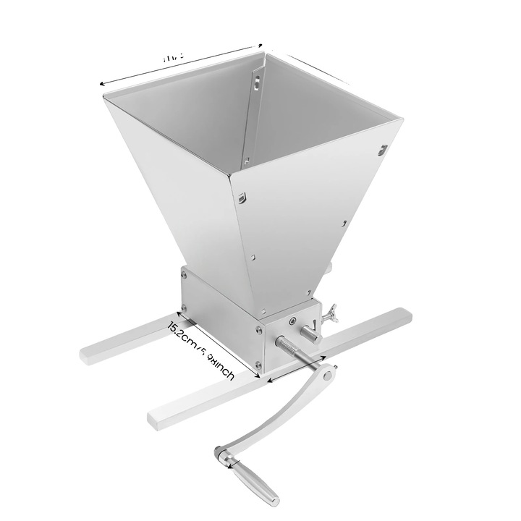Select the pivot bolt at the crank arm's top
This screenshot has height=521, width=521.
328,376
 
